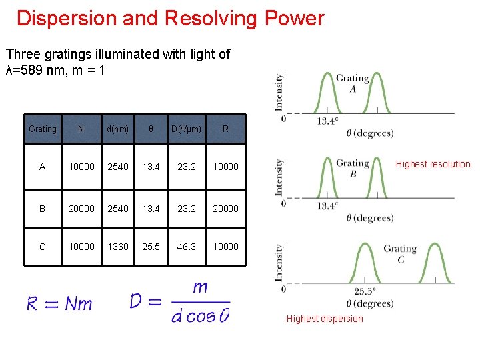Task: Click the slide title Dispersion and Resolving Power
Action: [x=170, y=18]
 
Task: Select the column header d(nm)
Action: [x=118, y=129]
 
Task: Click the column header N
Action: [x=81, y=129]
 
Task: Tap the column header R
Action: [x=225, y=129]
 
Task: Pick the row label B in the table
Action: [x=43, y=208]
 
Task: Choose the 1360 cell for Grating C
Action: [x=118, y=247]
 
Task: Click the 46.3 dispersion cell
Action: [x=187, y=247]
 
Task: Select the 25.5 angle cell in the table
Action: [x=151, y=247]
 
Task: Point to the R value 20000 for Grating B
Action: [x=225, y=208]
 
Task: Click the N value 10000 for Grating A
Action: [x=81, y=167]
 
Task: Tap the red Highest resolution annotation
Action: [x=433, y=164]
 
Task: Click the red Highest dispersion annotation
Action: [x=325, y=319]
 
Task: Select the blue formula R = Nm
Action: [x=59, y=304]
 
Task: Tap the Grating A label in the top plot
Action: [x=353, y=83]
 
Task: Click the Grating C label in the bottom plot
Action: [x=400, y=253]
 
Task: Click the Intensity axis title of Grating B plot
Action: [x=280, y=177]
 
